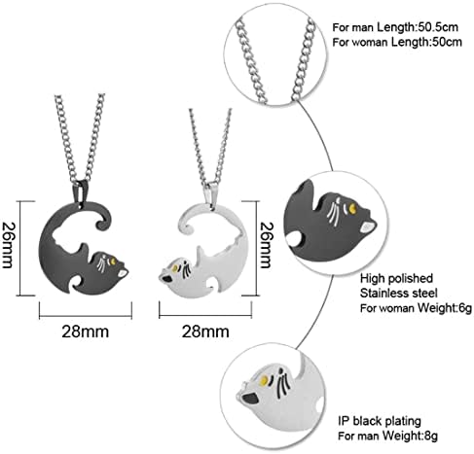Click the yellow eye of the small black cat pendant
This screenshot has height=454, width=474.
point(113,261)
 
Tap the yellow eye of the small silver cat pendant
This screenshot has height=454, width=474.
point(175,268)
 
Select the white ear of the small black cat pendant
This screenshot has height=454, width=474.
point(123,273)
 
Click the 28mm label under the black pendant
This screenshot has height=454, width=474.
point(86,332)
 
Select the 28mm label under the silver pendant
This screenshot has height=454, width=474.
point(205,332)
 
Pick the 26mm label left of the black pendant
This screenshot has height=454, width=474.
point(8,245)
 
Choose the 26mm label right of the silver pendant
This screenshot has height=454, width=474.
point(266,245)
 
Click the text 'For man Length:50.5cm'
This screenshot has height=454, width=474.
point(395,27)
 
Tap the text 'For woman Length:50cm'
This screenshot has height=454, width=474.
point(397,42)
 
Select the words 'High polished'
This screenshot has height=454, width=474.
point(396,278)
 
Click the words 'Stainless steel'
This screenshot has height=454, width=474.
point(399,293)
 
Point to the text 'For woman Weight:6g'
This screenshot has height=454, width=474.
point(416,308)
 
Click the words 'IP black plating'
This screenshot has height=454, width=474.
point(380,421)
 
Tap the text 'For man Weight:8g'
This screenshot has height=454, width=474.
point(387,436)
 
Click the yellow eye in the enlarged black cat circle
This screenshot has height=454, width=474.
point(352,208)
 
